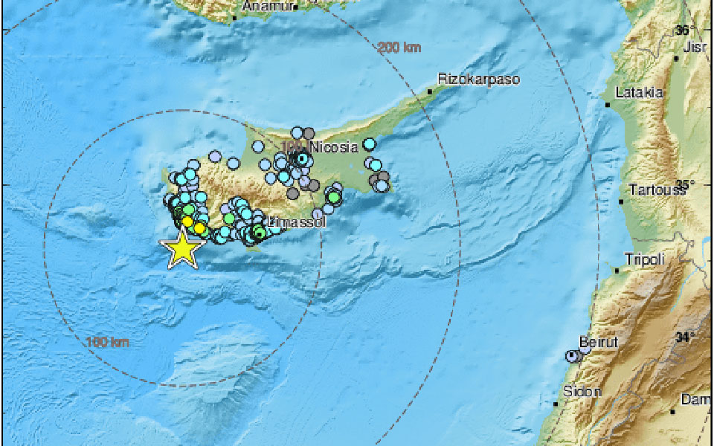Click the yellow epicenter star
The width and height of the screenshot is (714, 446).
tap(182, 249)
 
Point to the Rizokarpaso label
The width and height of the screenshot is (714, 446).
tap(478, 79)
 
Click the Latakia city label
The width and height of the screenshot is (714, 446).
tap(639, 93)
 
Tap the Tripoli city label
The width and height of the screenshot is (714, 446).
tap(644, 259)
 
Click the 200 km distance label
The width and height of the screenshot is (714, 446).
tap(399, 48)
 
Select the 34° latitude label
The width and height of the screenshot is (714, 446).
tap(684, 337)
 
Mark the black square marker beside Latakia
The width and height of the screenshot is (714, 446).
tap(608, 105)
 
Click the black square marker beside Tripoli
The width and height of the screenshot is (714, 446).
tap(617, 271)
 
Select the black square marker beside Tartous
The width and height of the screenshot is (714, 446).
tap(621, 201)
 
